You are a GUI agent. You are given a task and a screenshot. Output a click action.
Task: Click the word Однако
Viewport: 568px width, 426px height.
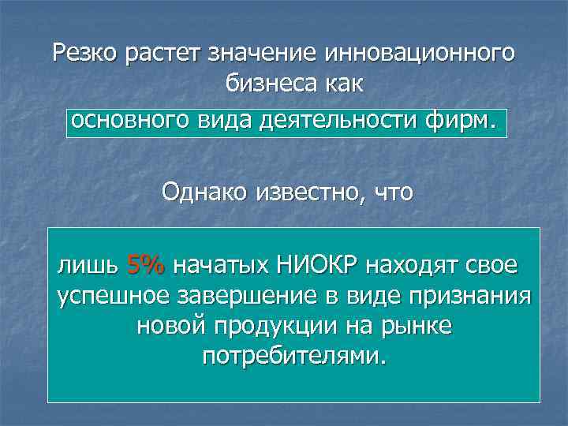coord(204,191)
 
